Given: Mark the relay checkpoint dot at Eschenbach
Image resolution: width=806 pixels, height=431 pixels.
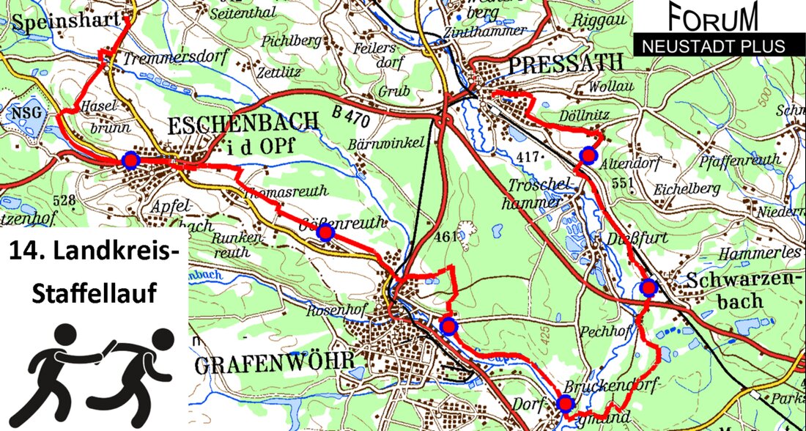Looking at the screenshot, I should [x=130, y=161].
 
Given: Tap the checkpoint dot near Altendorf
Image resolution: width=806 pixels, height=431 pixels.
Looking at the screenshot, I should [x=588, y=155].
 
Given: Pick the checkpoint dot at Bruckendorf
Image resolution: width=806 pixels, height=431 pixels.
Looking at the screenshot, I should [x=565, y=402].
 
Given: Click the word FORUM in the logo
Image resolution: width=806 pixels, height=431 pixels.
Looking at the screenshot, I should [x=713, y=18].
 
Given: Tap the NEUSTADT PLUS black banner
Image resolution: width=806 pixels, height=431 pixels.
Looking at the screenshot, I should [x=713, y=45].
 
